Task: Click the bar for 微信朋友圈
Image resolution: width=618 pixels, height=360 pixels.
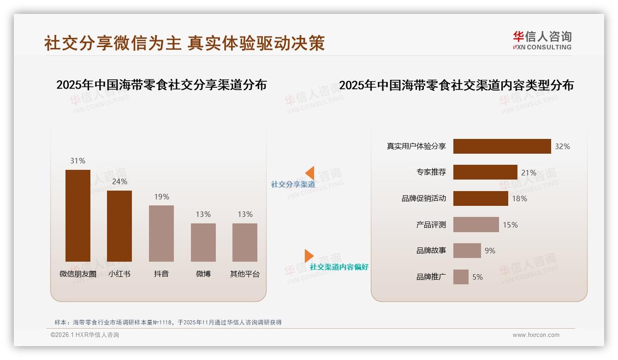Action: click(78, 216)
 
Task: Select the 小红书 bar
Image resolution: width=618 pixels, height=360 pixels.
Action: click(119, 226)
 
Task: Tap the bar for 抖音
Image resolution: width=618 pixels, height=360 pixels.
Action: click(161, 234)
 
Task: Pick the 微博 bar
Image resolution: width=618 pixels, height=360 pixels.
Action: click(203, 242)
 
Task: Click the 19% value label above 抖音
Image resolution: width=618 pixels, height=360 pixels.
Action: click(161, 197)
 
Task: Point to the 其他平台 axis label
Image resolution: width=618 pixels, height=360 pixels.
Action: click(245, 274)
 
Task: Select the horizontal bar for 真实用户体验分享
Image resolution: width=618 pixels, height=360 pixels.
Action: click(502, 146)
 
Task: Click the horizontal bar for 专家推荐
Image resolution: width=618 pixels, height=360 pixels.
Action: click(485, 172)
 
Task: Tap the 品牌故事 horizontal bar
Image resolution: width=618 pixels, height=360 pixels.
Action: click(467, 251)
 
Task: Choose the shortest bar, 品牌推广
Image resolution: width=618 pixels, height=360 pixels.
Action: click(461, 277)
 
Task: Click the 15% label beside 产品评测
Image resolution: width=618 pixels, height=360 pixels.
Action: click(510, 225)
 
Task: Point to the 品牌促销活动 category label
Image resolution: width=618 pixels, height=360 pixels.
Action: click(424, 198)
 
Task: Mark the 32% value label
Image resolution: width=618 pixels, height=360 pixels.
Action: click(562, 146)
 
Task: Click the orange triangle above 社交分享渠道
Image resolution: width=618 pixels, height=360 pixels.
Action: click(310, 173)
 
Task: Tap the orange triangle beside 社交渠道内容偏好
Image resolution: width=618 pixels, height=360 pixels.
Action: click(309, 256)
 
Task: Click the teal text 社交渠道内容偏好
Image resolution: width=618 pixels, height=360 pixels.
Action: click(339, 267)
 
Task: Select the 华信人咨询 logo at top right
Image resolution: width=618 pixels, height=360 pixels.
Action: click(542, 40)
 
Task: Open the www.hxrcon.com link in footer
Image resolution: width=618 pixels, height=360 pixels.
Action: click(536, 335)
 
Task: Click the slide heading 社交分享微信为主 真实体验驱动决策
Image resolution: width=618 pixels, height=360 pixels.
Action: click(184, 43)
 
